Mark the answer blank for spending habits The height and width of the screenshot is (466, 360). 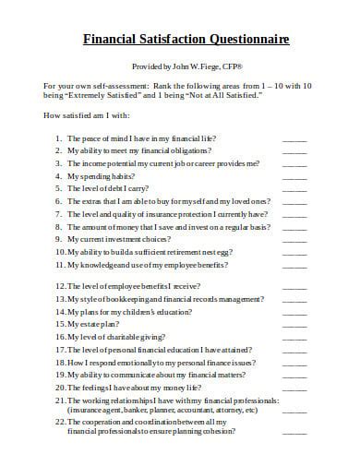(x=294, y=174)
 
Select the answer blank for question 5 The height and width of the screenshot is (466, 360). (x=294, y=187)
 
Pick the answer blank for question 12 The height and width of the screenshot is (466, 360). (x=294, y=286)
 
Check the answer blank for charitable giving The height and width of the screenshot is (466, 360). (x=294, y=337)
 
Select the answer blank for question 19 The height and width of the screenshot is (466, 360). (x=294, y=376)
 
